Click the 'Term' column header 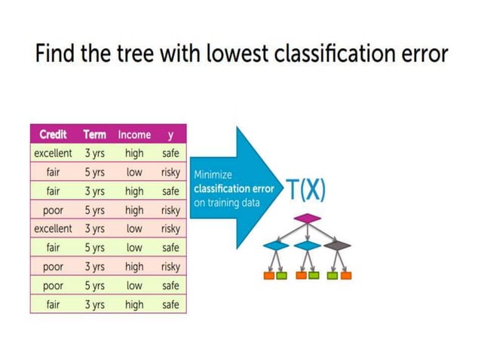pyautogui.click(x=94, y=135)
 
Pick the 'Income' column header pyautogui.click(x=134, y=135)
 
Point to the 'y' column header pyautogui.click(x=170, y=135)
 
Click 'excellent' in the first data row pyautogui.click(x=53, y=153)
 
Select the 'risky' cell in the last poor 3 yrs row pyautogui.click(x=170, y=267)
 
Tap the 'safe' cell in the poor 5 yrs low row pyautogui.click(x=170, y=285)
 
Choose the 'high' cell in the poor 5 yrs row pyautogui.click(x=134, y=210)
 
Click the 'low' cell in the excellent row pyautogui.click(x=134, y=228)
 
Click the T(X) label pyautogui.click(x=305, y=190)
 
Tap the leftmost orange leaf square pyautogui.click(x=269, y=276)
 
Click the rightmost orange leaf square pyautogui.click(x=346, y=276)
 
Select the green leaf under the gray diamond pyautogui.click(x=334, y=276)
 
